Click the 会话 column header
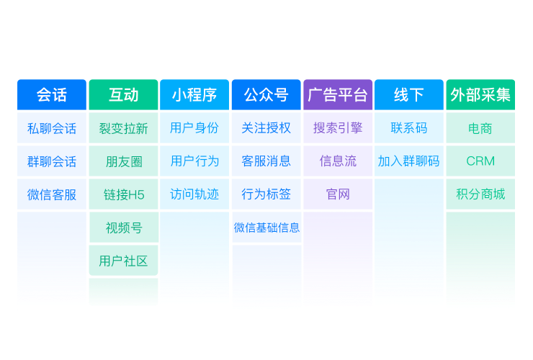coord(51,95)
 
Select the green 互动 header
coord(123,95)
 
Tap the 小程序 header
coord(194,95)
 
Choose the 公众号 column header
coord(266,95)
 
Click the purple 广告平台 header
coord(338,95)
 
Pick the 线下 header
coord(409,95)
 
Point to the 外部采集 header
coord(480,95)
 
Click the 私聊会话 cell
coord(51,128)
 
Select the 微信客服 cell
coord(51,194)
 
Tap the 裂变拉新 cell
coord(123,128)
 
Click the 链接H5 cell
coord(123,194)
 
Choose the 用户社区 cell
coord(123,261)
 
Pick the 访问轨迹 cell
coord(194,194)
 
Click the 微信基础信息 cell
coord(266,228)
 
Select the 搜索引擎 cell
coord(338,128)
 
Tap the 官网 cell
coord(338,194)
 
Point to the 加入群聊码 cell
coord(409,161)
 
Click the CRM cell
coord(480,161)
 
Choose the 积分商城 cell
coord(480,194)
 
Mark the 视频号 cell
coord(123,228)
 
